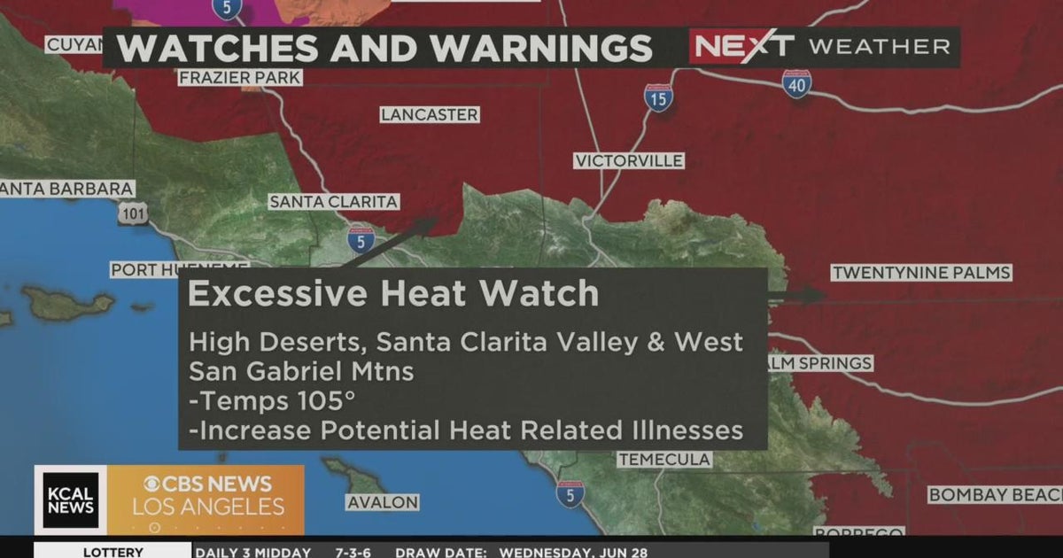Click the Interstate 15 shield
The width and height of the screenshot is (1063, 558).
[x=657, y=97]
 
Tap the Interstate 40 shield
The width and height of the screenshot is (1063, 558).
[x=796, y=83]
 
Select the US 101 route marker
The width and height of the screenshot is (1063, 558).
[x=133, y=213]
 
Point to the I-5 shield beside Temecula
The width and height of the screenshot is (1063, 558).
[x=570, y=494]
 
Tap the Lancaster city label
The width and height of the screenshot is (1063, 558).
[x=430, y=115]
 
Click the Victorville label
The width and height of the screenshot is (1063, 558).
[x=628, y=160]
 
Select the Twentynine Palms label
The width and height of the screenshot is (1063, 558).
[x=920, y=273]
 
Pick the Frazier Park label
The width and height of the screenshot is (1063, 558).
[x=240, y=78]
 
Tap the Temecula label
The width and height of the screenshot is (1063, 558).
[x=664, y=459]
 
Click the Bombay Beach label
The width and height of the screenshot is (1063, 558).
[x=995, y=494]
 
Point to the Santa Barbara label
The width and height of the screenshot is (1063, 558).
[x=66, y=189]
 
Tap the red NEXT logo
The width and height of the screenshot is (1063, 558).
[x=742, y=46]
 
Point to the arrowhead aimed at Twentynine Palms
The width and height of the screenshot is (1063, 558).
[x=815, y=296]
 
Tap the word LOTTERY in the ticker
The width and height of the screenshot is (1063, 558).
[x=113, y=552]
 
